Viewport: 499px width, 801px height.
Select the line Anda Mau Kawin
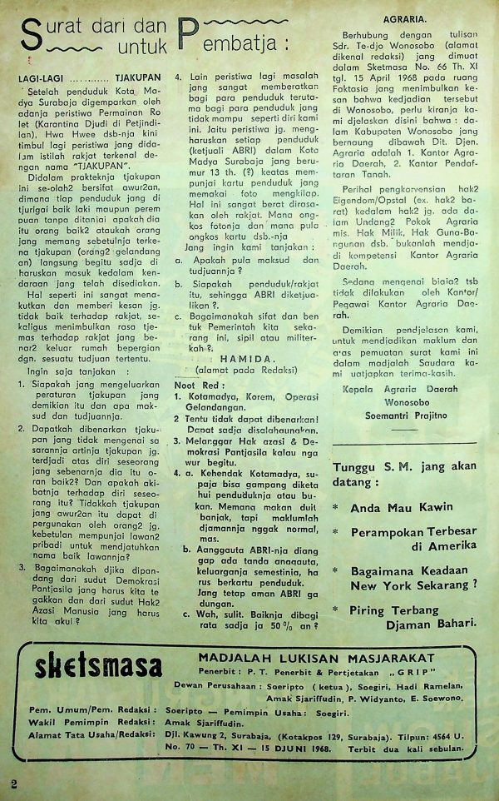(402, 506)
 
